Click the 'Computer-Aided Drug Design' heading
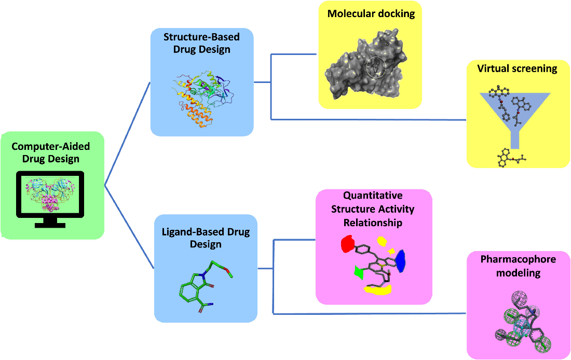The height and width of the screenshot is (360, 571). click(x=51, y=153)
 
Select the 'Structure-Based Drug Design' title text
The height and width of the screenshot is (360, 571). click(x=201, y=43)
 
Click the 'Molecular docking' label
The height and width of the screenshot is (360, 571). click(x=371, y=14)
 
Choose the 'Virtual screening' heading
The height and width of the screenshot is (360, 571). click(x=517, y=68)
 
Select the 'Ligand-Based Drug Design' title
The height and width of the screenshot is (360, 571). click(x=206, y=238)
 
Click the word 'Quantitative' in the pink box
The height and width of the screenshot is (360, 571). click(x=373, y=196)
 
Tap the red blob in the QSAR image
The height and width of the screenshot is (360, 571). click(x=348, y=243)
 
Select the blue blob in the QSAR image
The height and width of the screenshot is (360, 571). click(x=401, y=260)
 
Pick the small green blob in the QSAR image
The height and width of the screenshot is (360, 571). click(x=359, y=273)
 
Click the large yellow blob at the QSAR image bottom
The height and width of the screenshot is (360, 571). click(x=377, y=290)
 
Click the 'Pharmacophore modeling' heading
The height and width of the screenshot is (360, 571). click(x=518, y=266)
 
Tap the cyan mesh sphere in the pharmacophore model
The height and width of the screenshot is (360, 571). click(x=522, y=330)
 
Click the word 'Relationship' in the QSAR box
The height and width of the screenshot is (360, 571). click(x=373, y=223)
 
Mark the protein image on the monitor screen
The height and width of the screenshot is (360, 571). click(x=50, y=194)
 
